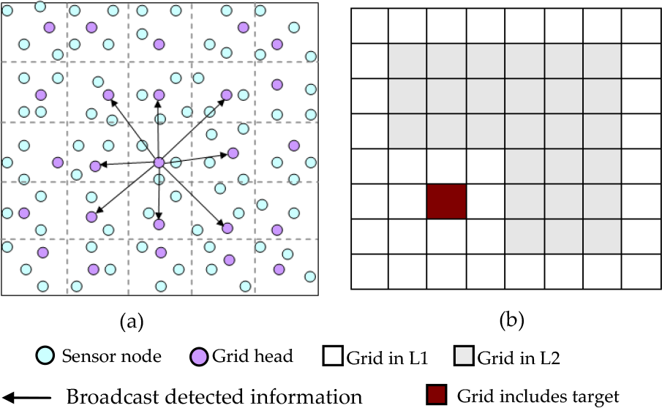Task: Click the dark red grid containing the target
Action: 446,201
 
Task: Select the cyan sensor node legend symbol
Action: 46,357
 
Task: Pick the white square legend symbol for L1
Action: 331,358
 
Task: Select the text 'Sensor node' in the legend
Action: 111,357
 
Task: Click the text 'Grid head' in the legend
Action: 252,357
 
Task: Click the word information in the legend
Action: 310,396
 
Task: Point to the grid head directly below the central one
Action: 159,224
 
